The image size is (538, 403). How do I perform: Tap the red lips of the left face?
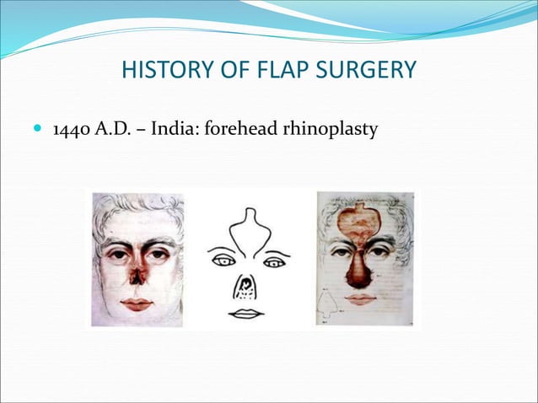[x=135, y=303]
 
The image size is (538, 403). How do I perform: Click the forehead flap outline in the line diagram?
[x=249, y=231]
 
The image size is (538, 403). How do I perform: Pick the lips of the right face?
[x=361, y=298]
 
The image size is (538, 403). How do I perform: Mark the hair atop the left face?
[x=135, y=205]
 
